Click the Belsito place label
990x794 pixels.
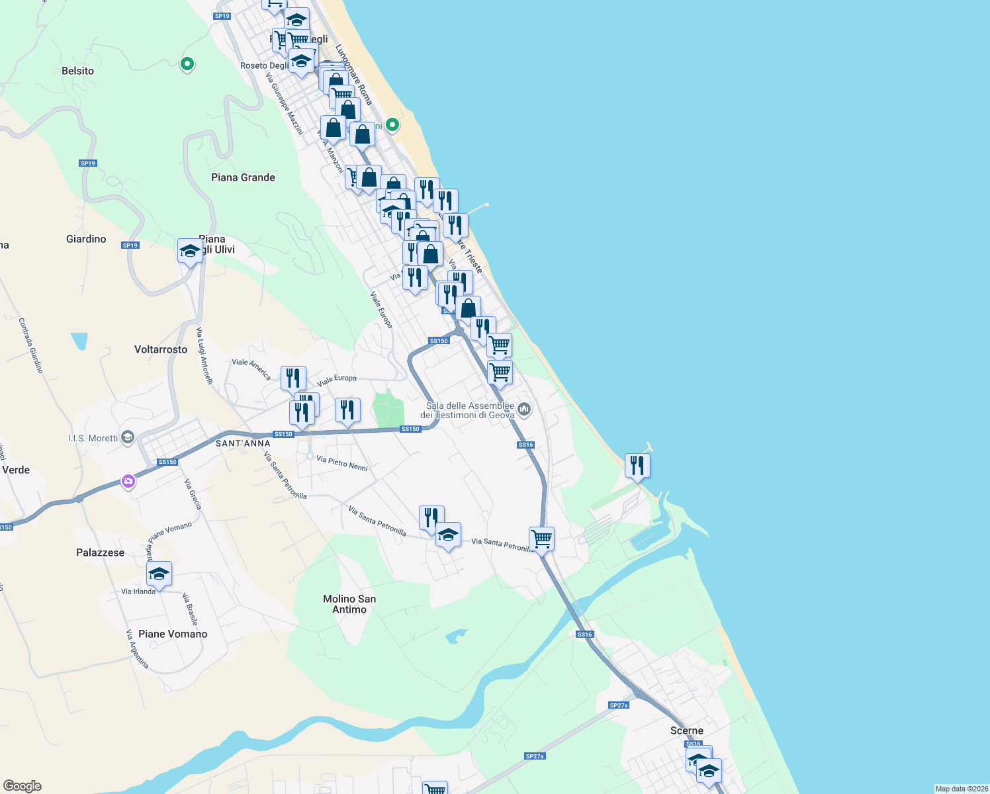tap(77, 71)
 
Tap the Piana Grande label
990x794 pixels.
tap(243, 177)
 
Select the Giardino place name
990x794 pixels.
tap(86, 239)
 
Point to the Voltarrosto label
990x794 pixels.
tap(161, 349)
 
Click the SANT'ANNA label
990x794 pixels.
tap(243, 443)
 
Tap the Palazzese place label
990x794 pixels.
tap(100, 552)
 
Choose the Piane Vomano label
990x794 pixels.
tap(173, 634)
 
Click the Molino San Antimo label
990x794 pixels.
tap(349, 604)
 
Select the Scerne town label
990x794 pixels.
tap(686, 730)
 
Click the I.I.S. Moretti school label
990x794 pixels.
tap(93, 438)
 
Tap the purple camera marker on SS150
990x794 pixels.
tap(128, 481)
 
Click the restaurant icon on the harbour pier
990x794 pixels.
tap(637, 466)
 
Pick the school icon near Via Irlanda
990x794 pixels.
tap(159, 574)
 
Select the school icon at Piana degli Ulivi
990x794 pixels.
tap(190, 251)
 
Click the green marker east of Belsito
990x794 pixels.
tap(187, 64)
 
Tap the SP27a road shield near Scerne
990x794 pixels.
tap(619, 705)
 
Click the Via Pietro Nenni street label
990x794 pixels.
tap(341, 463)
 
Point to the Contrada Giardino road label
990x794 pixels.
tap(30, 345)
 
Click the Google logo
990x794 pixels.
tap(22, 786)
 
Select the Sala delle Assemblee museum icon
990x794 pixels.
tap(524, 410)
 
